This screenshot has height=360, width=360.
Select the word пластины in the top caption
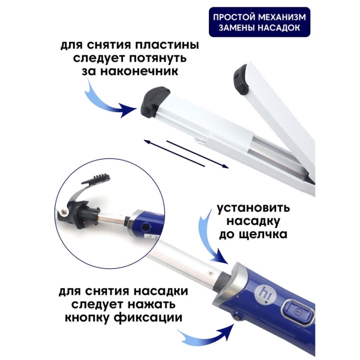[167, 45]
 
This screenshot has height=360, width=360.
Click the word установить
[253, 208]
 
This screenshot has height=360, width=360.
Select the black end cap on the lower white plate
[154, 100]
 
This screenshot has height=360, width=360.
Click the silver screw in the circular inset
[65, 213]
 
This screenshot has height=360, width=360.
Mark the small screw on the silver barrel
[210, 273]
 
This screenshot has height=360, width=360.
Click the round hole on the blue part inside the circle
[145, 227]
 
